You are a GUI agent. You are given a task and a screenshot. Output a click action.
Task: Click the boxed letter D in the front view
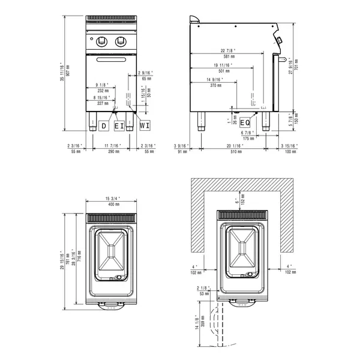pos(104,126)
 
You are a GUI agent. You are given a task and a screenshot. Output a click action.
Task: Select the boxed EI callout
pos(120,126)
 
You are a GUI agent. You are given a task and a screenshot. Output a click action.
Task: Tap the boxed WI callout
pos(145,126)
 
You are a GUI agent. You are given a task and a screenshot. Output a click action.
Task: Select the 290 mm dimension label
pos(112,152)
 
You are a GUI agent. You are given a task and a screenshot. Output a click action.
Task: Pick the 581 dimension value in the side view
pos(226,56)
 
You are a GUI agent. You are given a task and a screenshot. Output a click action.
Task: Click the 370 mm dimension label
pos(216,86)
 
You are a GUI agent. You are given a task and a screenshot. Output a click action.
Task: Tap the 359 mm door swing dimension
pos(203,324)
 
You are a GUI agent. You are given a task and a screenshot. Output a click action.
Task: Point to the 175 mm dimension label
pos(248,138)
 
